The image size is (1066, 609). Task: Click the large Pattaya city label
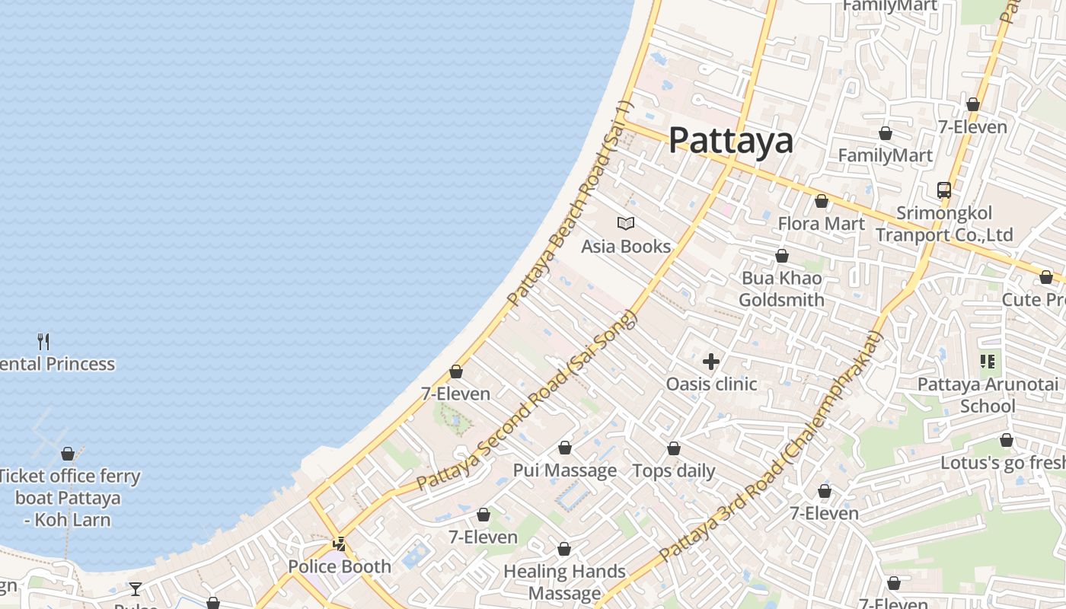pos(731,141)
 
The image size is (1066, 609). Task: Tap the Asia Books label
pos(626,246)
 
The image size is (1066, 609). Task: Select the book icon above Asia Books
pos(626,223)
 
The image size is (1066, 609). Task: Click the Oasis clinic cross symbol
pos(711,362)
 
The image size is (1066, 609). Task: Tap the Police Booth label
pos(340,566)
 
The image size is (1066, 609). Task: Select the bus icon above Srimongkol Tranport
pos(944,190)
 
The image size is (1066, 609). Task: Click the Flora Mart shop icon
pos(822,202)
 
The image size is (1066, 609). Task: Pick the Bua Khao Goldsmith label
pos(782,289)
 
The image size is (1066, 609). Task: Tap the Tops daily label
pos(674,470)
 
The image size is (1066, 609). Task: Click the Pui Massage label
pos(565,470)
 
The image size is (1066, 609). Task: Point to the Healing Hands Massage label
pos(564,582)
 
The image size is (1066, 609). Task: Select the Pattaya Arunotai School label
pos(988,394)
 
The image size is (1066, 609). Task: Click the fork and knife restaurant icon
pos(43,341)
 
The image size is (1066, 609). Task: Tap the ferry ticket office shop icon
pos(68,454)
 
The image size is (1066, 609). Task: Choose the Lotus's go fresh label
pos(1002,462)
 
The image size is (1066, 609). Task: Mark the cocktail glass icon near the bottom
pos(136,588)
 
